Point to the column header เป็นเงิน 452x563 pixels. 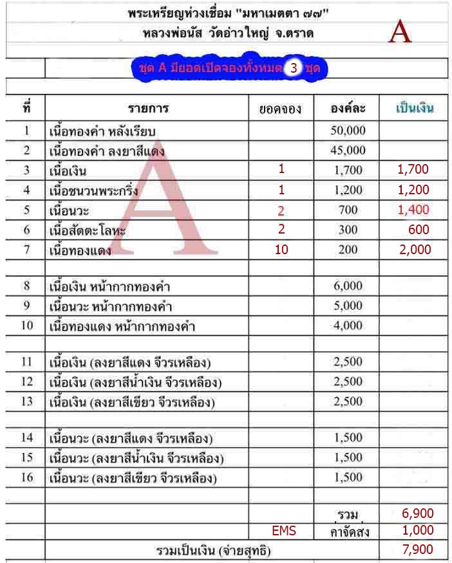414,108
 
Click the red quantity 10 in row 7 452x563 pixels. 281,249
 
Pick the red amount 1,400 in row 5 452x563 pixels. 413,209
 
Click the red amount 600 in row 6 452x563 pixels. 419,230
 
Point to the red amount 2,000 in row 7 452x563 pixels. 415,249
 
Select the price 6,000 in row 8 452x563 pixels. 348,286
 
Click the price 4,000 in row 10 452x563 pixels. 348,325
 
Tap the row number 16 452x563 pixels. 26,478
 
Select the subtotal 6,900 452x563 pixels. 417,513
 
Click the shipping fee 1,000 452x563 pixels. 417,531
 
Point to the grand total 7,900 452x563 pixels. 417,549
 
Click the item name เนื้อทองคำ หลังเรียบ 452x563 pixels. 103,131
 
